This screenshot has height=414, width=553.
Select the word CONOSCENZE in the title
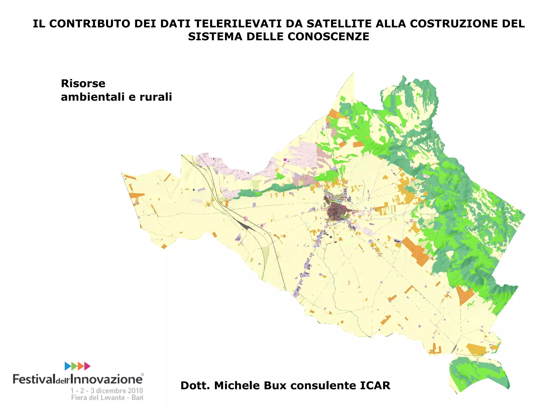[x=328, y=37]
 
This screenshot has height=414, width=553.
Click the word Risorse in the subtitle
[x=83, y=84]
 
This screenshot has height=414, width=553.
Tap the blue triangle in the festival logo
[x=68, y=366]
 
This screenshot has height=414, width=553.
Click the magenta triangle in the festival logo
[x=87, y=366]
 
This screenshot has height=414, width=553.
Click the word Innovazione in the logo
[x=107, y=379]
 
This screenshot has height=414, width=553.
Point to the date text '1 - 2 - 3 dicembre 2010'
[x=107, y=391]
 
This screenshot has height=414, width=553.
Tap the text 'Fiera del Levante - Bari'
[x=107, y=398]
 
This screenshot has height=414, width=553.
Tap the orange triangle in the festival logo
[x=80, y=366]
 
